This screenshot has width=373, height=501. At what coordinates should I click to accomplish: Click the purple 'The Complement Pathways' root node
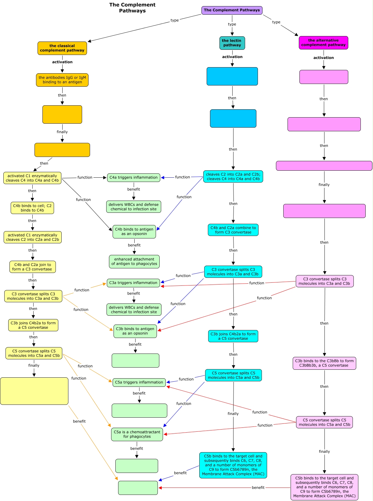click(x=232, y=10)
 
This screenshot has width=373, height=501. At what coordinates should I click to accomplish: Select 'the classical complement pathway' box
click(x=62, y=48)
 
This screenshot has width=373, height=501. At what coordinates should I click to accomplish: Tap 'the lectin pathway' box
click(x=232, y=43)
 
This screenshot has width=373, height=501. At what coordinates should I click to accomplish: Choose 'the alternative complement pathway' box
click(x=323, y=42)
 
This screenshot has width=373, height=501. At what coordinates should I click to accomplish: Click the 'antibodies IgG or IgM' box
click(x=62, y=80)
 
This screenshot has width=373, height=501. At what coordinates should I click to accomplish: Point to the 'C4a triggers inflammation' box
click(x=133, y=177)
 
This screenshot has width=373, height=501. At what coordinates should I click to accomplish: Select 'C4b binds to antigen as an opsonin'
click(x=134, y=232)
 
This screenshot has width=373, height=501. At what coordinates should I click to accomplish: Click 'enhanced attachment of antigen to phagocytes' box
click(x=134, y=262)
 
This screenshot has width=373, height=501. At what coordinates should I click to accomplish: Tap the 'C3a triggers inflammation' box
click(x=133, y=283)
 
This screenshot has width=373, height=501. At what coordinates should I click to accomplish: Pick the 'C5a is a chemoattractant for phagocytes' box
click(x=137, y=434)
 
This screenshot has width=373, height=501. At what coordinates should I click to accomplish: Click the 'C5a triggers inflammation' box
click(x=139, y=382)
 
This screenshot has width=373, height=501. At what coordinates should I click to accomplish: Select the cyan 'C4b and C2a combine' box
click(x=233, y=230)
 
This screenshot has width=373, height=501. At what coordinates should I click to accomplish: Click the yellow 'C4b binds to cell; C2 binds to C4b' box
click(x=32, y=208)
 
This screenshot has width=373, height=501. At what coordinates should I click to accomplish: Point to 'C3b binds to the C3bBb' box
click(x=324, y=363)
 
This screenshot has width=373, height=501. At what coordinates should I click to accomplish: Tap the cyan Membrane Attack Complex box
click(x=233, y=465)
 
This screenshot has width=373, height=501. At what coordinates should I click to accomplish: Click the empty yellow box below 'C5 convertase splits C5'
click(x=34, y=391)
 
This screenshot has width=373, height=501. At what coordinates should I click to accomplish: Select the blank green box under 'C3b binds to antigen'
click(x=135, y=361)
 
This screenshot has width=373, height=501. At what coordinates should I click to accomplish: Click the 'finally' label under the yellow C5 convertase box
click(x=34, y=365)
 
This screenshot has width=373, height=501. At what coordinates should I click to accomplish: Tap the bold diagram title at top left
click(x=132, y=8)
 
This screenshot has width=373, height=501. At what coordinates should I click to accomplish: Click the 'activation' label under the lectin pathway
click(x=232, y=57)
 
